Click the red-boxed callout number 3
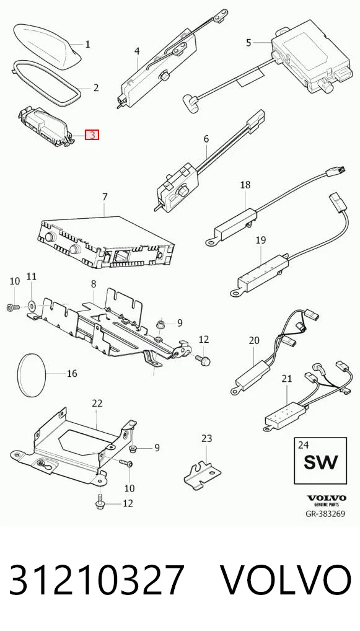click(92, 135)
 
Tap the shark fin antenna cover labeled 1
click(48, 44)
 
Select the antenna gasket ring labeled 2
click(46, 82)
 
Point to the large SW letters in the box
click(320, 462)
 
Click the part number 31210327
click(97, 579)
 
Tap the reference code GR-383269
click(325, 514)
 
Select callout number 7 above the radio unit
click(105, 197)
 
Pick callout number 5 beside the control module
click(248, 42)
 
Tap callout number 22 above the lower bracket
click(97, 404)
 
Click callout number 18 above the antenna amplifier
click(245, 185)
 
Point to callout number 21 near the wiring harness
click(286, 378)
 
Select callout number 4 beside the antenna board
click(137, 51)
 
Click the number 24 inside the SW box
click(303, 444)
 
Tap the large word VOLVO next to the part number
click(286, 579)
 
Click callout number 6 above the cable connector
click(206, 139)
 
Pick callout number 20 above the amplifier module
click(254, 340)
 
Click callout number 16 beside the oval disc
click(72, 374)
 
